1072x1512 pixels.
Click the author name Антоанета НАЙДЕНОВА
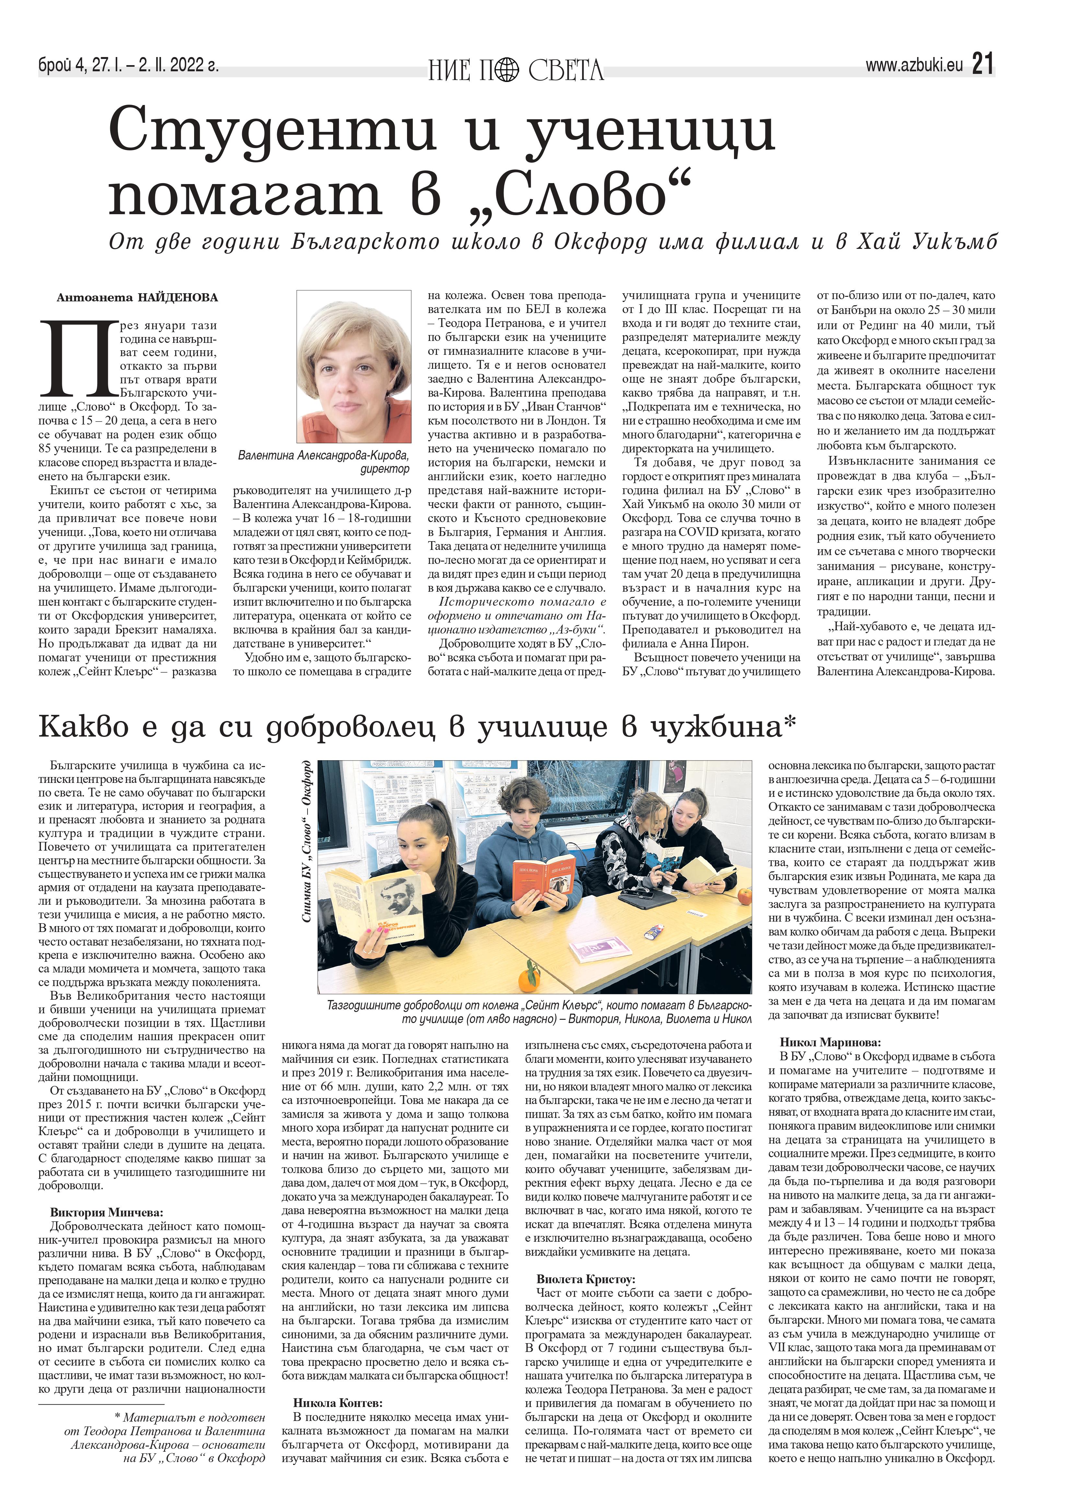[x=137, y=298]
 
